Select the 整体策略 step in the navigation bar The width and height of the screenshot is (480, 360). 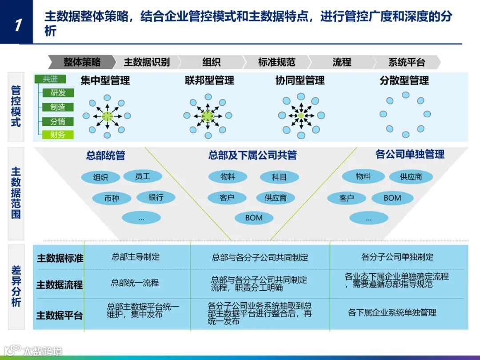82,62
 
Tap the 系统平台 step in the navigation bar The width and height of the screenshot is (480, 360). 407,62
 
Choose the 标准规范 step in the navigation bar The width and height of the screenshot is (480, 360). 276,62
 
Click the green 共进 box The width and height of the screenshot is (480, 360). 50,79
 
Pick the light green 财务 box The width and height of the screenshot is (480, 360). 58,135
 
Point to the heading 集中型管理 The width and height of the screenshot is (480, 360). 105,80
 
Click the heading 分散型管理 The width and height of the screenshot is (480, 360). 404,80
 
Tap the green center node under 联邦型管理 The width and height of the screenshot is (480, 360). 207,116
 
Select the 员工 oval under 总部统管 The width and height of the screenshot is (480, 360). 143,176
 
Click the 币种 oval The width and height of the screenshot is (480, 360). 112,198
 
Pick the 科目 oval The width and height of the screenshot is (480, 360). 279,177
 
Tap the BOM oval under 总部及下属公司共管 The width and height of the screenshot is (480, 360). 254,218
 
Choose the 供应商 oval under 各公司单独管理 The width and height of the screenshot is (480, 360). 411,177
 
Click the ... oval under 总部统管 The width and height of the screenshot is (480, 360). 141,218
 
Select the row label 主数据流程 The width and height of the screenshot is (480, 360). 60,284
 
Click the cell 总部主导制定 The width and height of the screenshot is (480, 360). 136,257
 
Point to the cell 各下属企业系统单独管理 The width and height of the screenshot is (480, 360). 392,312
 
